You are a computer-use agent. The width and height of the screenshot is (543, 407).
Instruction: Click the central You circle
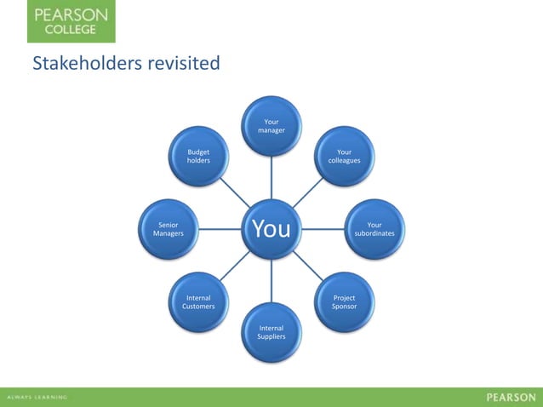click(271, 229)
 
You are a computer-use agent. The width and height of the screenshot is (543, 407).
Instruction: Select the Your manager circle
click(271, 126)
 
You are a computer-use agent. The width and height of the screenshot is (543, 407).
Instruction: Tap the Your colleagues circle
click(345, 156)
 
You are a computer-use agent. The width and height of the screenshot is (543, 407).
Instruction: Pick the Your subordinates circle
click(374, 229)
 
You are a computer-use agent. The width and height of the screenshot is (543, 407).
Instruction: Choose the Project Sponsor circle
click(345, 302)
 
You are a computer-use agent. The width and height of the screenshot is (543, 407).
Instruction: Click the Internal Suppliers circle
click(271, 331)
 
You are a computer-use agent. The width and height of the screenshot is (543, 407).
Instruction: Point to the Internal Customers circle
click(198, 302)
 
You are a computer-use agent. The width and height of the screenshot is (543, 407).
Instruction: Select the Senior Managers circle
click(169, 229)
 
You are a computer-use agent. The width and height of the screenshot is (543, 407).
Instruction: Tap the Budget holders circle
click(198, 156)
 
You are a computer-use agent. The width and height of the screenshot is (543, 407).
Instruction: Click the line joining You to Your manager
click(271, 177)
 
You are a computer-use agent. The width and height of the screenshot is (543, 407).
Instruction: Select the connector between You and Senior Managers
click(220, 229)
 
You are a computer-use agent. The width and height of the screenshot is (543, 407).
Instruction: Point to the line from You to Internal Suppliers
click(271, 280)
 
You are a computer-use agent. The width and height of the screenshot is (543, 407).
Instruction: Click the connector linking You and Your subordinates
click(323, 229)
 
